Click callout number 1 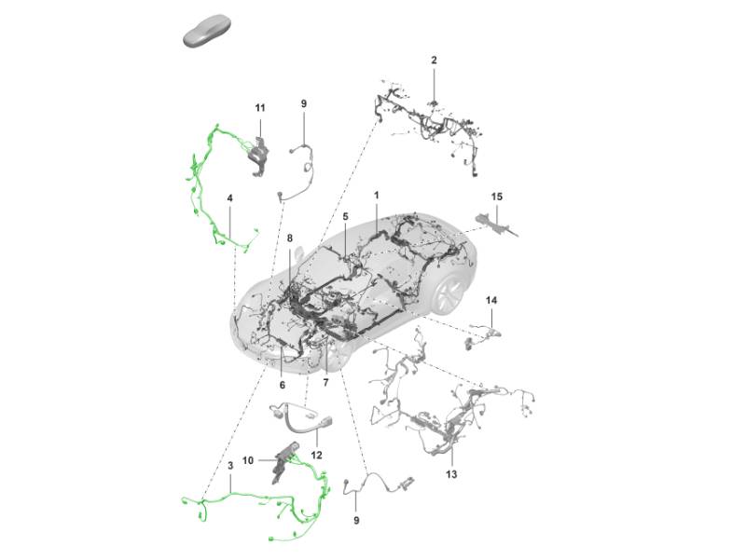377,196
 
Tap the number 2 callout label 434,61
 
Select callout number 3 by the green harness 230,465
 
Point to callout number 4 229,198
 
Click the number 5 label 345,217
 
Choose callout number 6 283,385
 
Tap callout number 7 325,383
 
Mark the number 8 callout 289,239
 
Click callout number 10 248,460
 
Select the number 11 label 260,108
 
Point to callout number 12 316,455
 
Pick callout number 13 451,474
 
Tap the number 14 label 491,300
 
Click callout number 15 496,197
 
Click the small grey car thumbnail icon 207,32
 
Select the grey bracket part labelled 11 259,156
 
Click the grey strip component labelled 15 496,225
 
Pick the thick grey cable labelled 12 301,417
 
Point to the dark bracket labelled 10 284,461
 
